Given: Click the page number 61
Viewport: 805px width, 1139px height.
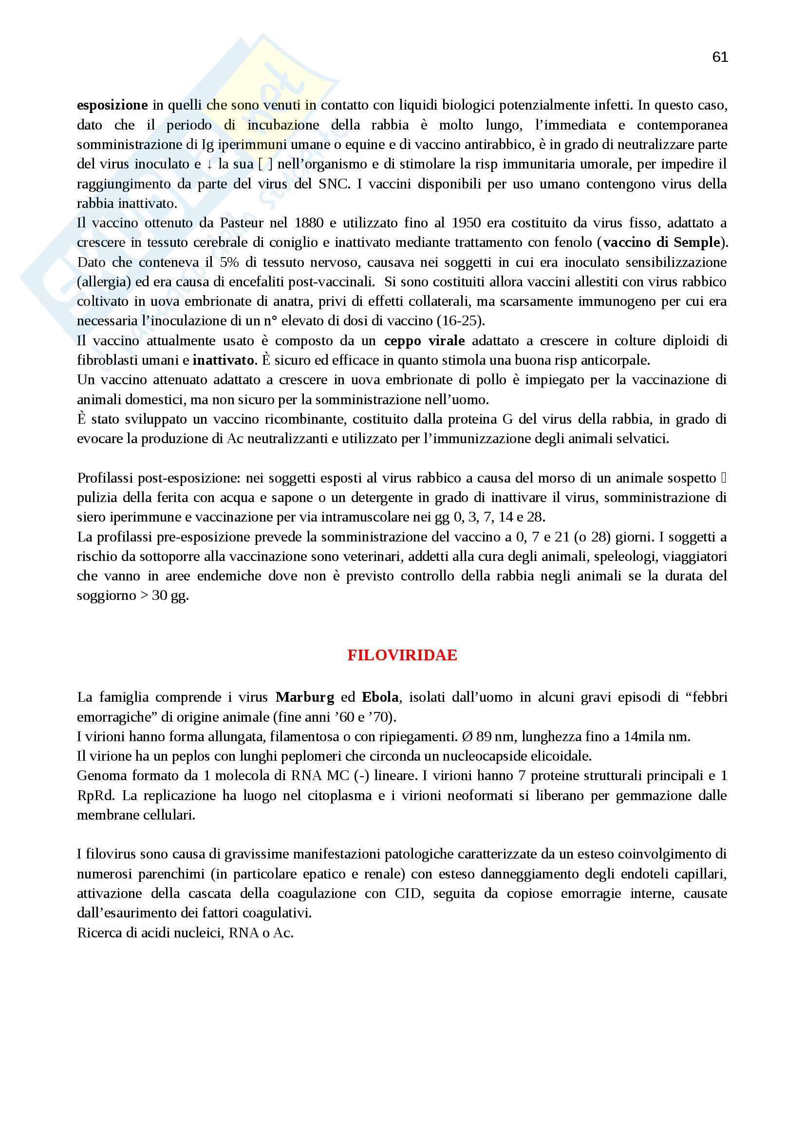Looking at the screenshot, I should (x=720, y=57).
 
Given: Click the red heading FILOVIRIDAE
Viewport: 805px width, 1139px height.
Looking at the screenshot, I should (x=402, y=655).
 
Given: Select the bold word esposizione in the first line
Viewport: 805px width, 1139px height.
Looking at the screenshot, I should (x=112, y=105).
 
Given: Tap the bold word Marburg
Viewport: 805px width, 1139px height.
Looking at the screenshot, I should (x=304, y=697).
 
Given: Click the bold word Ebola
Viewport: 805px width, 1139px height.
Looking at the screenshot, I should (x=380, y=697).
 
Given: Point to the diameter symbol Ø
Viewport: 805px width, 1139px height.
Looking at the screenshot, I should (x=467, y=737).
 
